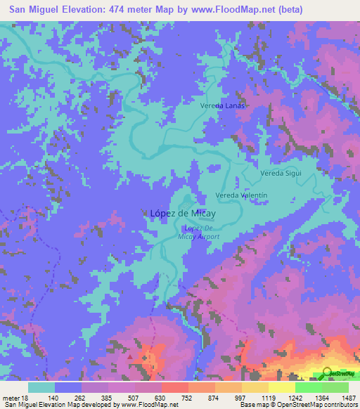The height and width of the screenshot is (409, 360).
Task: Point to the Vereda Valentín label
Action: (x=240, y=195)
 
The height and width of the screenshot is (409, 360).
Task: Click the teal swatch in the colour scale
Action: (x=41, y=387)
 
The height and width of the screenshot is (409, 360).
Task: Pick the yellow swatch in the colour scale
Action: (x=281, y=387)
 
